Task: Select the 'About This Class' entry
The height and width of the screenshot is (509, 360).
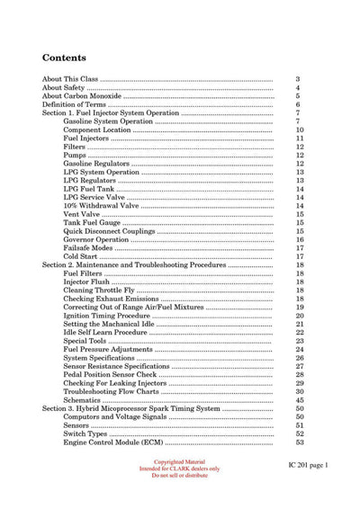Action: (x=70, y=80)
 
